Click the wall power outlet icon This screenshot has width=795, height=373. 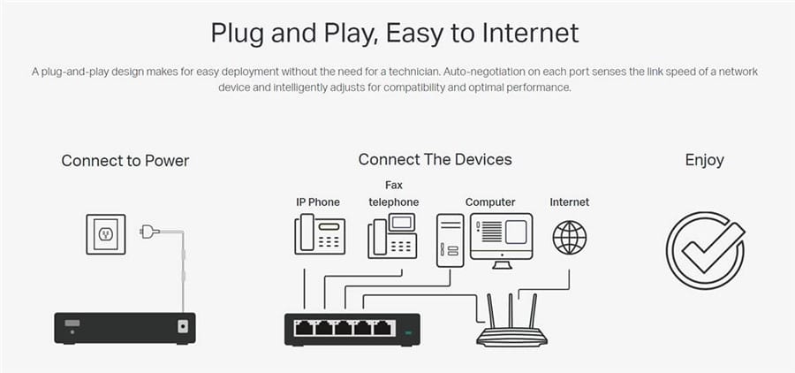106,234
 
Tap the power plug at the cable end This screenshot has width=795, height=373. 149,232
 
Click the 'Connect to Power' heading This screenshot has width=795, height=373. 125,161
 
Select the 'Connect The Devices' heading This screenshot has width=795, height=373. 435,160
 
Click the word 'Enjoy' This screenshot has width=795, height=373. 704,160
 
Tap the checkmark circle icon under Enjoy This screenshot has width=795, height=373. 705,251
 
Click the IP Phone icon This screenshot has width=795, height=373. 320,234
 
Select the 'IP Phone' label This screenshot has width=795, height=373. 318,202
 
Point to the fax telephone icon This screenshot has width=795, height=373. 392,236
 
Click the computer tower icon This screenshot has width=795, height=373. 450,240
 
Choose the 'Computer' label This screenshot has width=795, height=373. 490,202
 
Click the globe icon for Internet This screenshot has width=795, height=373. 570,238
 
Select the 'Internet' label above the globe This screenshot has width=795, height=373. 570,202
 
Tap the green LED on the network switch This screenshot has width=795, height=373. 408,333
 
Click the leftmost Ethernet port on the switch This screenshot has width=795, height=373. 304,328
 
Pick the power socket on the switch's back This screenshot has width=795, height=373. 183,326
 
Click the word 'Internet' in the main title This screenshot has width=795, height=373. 530,33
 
